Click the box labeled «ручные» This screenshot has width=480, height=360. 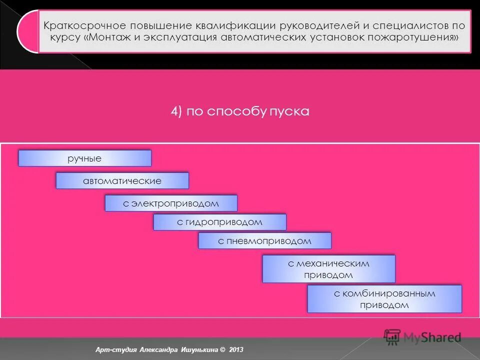84,158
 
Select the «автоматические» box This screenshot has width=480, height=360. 122,180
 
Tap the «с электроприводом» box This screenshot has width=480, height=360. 171,203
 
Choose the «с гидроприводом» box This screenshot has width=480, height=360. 219,222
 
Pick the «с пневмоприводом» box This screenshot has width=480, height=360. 264,241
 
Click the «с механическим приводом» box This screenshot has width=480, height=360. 328,269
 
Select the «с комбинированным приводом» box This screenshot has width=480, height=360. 384,299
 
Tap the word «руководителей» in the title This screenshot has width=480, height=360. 306,25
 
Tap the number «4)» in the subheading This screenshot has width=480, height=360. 175,111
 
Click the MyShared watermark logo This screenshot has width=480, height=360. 423,337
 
